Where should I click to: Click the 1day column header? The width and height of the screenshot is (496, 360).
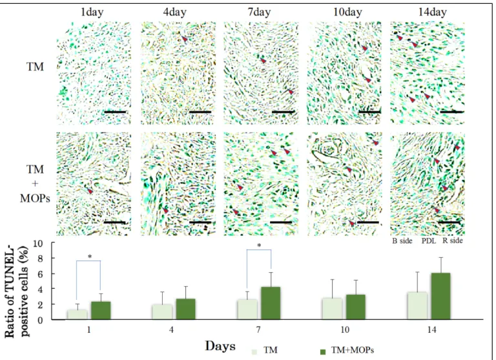pyautogui.click(x=92, y=12)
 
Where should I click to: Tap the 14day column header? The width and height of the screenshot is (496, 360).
pyautogui.click(x=433, y=12)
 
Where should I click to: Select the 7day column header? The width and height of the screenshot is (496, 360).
pyautogui.click(x=259, y=12)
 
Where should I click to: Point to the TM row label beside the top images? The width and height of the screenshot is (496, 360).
pyautogui.click(x=35, y=67)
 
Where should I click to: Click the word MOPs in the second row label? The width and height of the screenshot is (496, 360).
pyautogui.click(x=35, y=198)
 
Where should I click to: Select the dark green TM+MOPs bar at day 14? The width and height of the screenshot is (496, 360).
pyautogui.click(x=440, y=296)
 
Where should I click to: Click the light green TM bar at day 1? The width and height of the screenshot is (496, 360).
pyautogui.click(x=77, y=314)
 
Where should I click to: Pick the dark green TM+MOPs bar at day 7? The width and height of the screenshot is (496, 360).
pyautogui.click(x=271, y=303)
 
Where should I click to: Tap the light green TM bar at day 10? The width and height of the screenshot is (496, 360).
pyautogui.click(x=332, y=308)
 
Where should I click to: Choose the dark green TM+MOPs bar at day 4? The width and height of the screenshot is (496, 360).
pyautogui.click(x=186, y=309)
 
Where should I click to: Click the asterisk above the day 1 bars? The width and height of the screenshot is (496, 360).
pyautogui.click(x=90, y=257)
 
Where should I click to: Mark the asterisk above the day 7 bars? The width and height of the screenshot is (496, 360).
pyautogui.click(x=259, y=246)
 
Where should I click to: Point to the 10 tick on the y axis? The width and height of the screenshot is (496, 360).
pyautogui.click(x=43, y=244)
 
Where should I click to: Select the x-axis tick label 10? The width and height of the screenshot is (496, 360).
pyautogui.click(x=345, y=330)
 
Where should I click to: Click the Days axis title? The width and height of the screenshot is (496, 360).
pyautogui.click(x=220, y=346)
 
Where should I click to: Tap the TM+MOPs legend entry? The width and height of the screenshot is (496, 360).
pyautogui.click(x=347, y=350)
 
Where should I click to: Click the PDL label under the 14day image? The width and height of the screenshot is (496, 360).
pyautogui.click(x=429, y=241)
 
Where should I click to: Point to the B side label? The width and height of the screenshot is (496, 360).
pyautogui.click(x=402, y=241)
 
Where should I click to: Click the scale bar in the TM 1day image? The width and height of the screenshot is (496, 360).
pyautogui.click(x=115, y=112)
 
